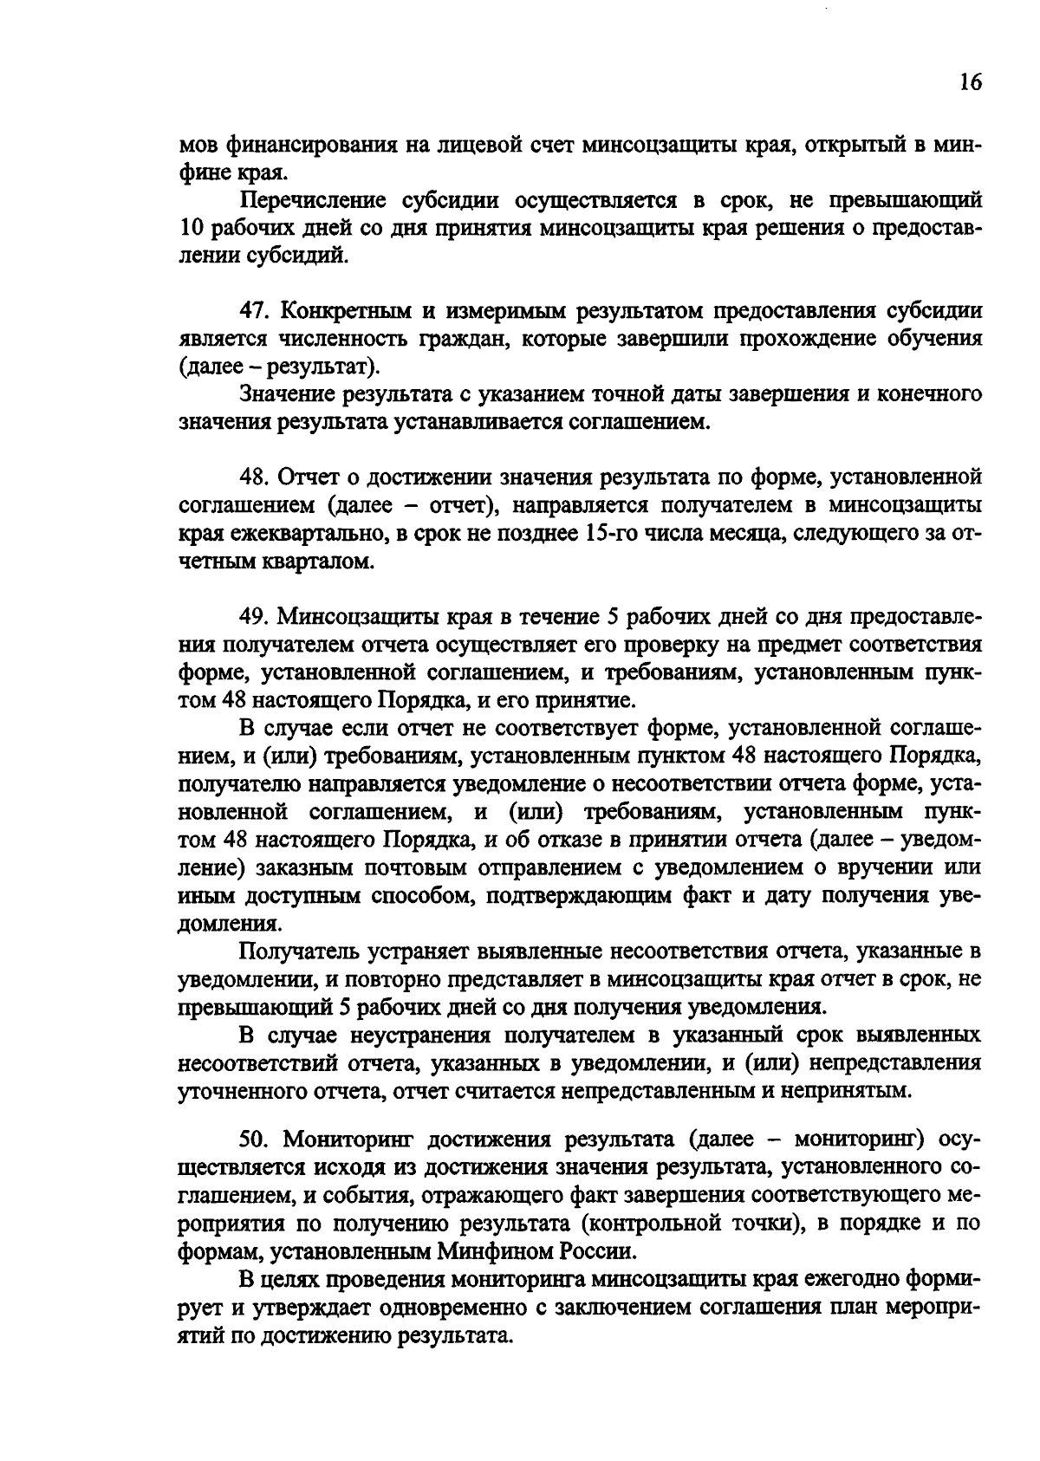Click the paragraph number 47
coord(251,311)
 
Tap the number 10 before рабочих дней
coord(191,229)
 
